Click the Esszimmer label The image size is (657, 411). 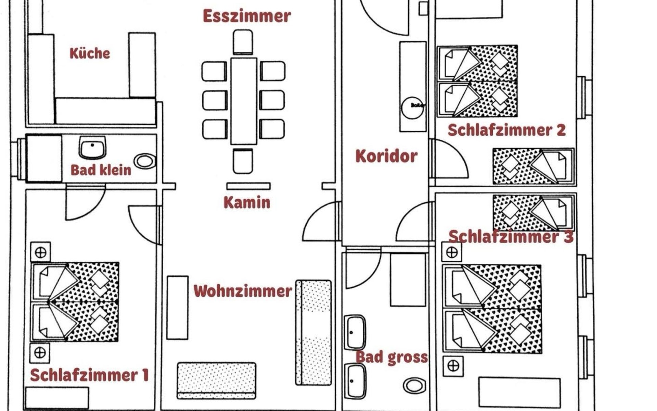point(246,16)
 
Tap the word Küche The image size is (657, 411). point(90,53)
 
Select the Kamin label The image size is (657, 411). point(247,202)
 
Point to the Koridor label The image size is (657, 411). point(386,156)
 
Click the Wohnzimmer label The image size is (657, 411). point(243,291)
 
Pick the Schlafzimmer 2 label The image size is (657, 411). point(506,130)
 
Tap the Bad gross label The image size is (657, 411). point(392,357)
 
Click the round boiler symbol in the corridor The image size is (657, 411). point(412,108)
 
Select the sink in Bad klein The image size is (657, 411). point(92,147)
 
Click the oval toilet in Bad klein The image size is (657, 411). point(145,161)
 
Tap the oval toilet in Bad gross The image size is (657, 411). point(414,386)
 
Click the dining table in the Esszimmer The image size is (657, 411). point(244,101)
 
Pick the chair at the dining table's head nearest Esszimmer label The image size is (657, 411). point(243,42)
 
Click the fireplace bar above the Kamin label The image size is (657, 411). point(248,186)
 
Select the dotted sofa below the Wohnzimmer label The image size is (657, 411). point(216,380)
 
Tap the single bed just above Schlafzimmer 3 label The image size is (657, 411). point(534,212)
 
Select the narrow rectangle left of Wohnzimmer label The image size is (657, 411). point(177,308)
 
